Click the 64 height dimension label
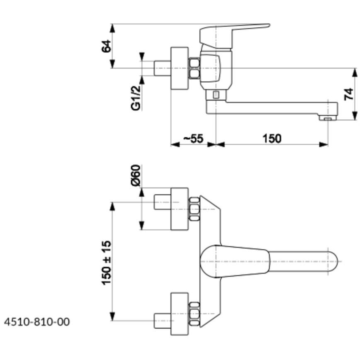coord(107,46)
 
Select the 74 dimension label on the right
coord(349,94)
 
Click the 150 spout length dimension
coord(272,138)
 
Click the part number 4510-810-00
coord(37,322)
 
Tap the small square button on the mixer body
coord(215,95)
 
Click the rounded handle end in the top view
coord(332,261)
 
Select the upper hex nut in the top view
coord(194,209)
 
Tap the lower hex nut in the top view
coord(194,314)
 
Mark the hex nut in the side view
coord(194,68)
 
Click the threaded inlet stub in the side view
coord(162,68)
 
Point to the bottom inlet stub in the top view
coord(162,321)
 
